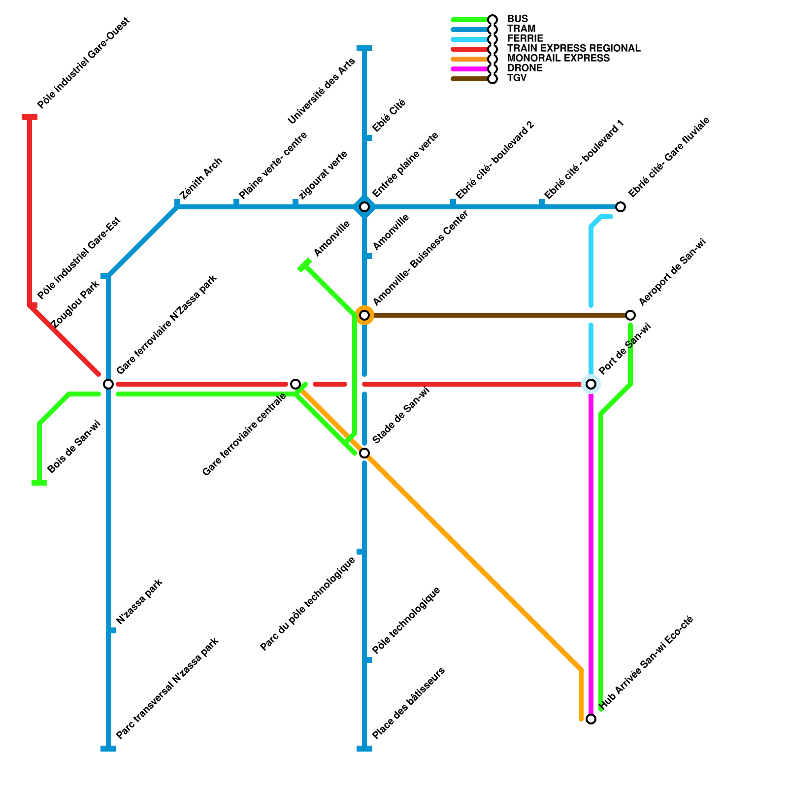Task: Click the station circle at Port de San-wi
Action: coord(591,384)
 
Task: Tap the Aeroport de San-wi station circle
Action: coord(630,315)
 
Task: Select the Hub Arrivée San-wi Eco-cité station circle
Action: coord(591,719)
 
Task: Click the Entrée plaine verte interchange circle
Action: coord(364,207)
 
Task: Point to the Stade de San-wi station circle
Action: coord(364,453)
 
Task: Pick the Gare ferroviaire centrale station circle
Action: coord(295,384)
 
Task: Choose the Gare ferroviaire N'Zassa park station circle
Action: coord(108,384)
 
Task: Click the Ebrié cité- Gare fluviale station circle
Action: coord(621,207)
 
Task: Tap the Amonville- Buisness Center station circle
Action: coord(364,315)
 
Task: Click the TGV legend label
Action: coord(517,78)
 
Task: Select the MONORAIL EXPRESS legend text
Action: coord(558,59)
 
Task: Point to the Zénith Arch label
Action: coord(201,178)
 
